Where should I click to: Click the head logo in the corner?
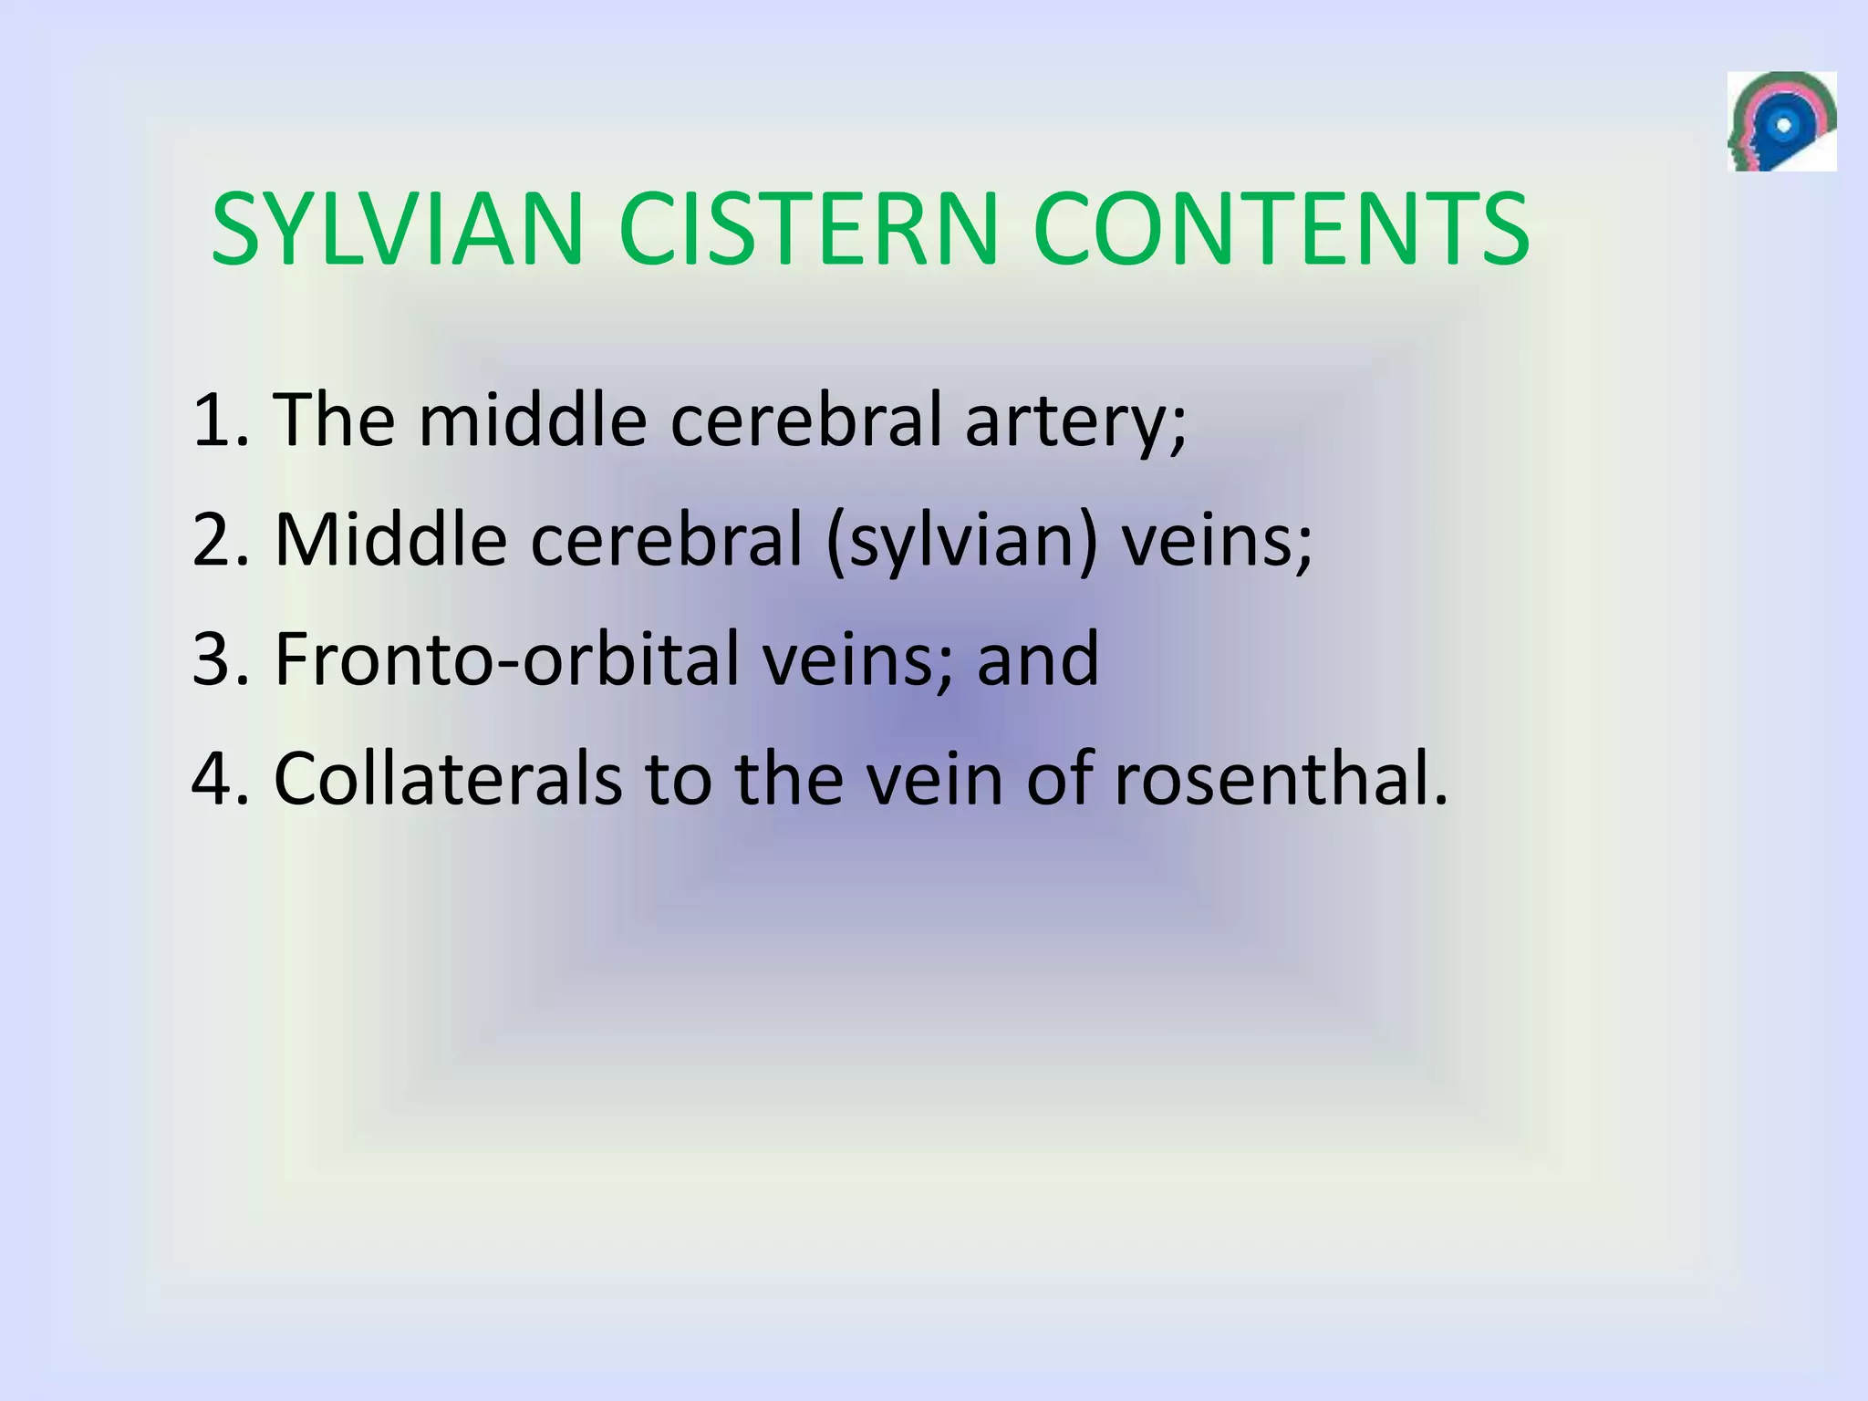(1780, 121)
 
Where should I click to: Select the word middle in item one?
(533, 420)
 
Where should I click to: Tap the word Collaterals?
(448, 780)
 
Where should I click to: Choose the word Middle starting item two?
(390, 540)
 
